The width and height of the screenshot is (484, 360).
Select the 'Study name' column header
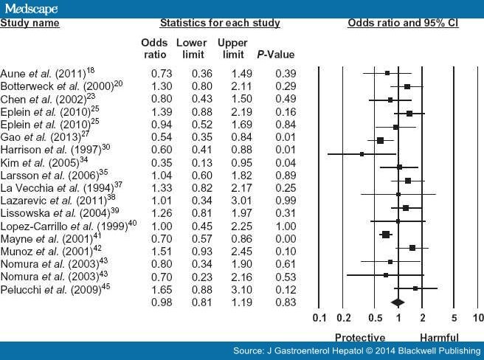tap(30, 24)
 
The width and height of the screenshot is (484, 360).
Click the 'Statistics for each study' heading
tap(221, 24)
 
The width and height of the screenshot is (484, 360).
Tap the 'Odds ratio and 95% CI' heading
tap(403, 24)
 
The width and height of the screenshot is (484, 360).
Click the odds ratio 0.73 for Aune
tap(162, 74)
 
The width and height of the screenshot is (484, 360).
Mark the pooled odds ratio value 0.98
tap(162, 302)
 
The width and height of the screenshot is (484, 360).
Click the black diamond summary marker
tap(398, 302)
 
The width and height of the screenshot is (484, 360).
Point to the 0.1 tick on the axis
tap(319, 318)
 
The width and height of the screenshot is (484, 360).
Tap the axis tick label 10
tap(477, 318)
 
